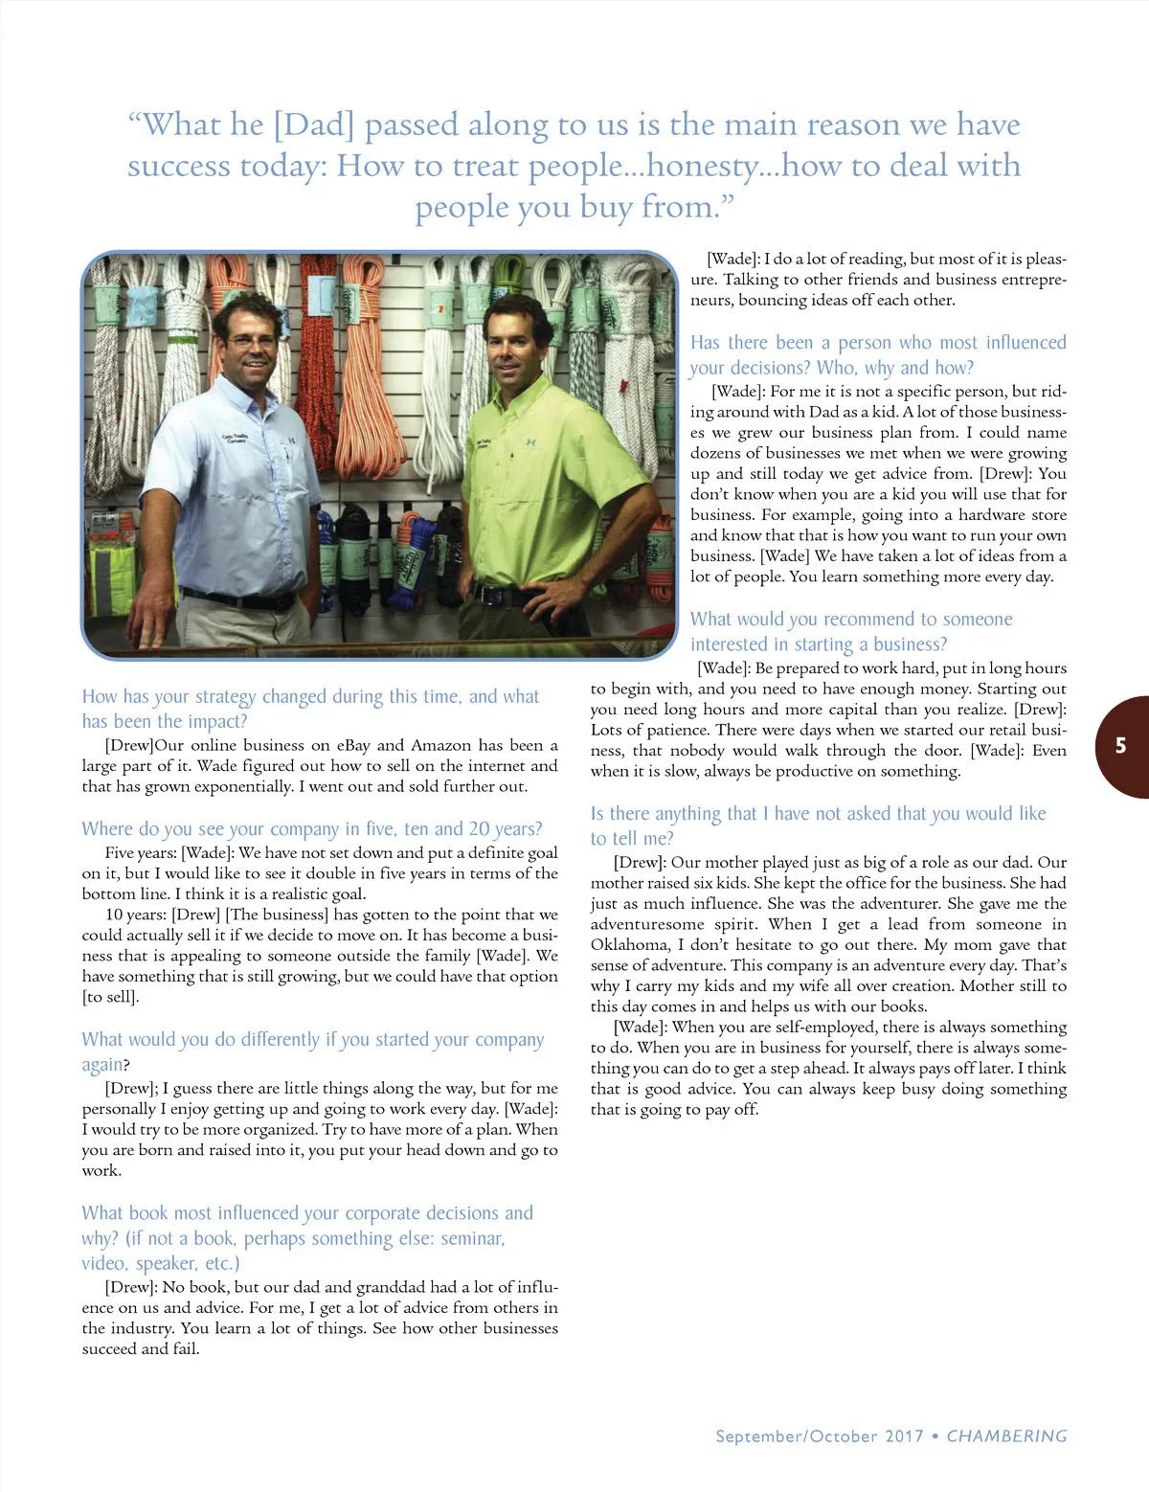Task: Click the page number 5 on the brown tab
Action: (x=1120, y=746)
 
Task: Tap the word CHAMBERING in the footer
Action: (x=1006, y=1436)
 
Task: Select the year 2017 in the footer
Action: (x=904, y=1436)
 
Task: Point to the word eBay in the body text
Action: (x=353, y=745)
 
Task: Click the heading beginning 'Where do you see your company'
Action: (x=312, y=828)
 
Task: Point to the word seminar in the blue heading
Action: (x=471, y=1238)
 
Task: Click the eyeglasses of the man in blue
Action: (x=253, y=340)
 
